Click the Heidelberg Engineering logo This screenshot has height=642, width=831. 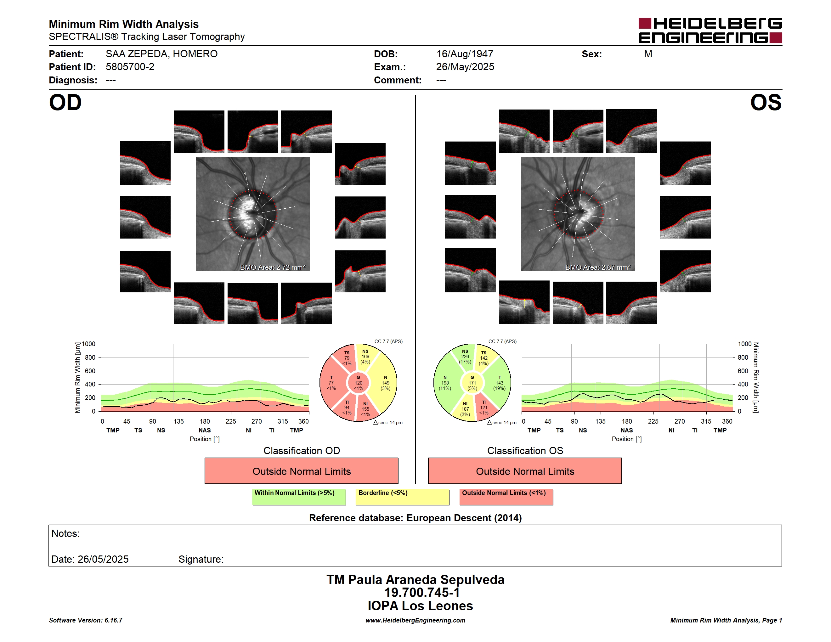point(710,31)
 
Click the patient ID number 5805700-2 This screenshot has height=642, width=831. point(130,67)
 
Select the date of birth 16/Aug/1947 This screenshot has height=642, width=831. point(465,54)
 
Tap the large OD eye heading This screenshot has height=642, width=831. point(65,103)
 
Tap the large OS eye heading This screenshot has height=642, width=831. point(766,103)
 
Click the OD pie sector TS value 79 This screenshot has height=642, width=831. point(347,358)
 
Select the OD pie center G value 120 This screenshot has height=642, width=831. point(359,383)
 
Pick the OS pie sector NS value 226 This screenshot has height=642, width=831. point(465,356)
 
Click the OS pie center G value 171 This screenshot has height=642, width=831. point(472,383)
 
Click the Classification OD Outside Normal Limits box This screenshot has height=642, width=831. point(301,471)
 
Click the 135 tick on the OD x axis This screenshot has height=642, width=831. point(178,421)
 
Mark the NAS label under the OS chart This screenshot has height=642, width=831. point(627,430)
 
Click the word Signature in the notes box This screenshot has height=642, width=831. point(201,559)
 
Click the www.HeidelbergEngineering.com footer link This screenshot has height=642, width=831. point(415,620)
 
